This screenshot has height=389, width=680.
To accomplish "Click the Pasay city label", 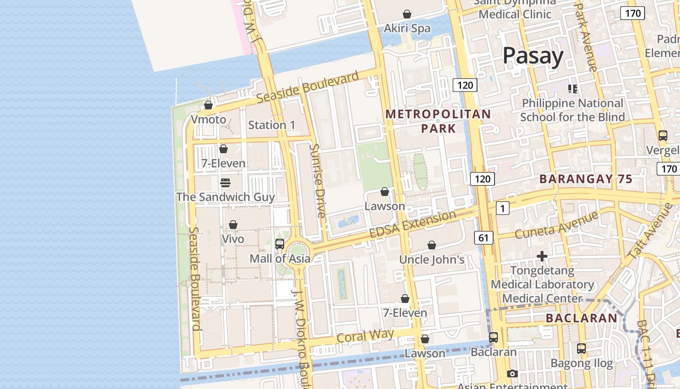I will (x=533, y=56).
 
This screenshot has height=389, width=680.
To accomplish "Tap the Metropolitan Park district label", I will (x=438, y=121).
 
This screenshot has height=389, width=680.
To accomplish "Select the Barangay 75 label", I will (x=586, y=179).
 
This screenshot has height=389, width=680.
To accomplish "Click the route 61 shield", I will (x=483, y=238).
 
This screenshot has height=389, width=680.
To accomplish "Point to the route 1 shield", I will (x=503, y=209).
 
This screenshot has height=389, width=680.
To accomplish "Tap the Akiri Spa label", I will (x=407, y=28).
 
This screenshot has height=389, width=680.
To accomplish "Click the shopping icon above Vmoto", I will (x=208, y=105).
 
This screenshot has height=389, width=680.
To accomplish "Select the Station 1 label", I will (x=272, y=125).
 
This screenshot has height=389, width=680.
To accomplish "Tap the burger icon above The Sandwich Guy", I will (x=225, y=183).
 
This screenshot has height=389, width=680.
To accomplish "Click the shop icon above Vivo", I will (x=233, y=225).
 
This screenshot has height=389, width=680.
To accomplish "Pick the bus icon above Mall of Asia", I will (x=280, y=244).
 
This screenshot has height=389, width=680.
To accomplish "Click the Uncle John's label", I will (x=432, y=260).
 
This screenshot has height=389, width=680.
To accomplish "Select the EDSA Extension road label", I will (x=413, y=224).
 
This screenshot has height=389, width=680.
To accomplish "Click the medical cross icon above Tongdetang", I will (x=542, y=256).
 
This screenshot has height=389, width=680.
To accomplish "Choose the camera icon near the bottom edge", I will (x=512, y=373).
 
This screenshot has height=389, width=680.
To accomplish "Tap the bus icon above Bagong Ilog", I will (x=581, y=349).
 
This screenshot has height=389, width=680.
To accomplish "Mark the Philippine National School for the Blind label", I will (x=572, y=110).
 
